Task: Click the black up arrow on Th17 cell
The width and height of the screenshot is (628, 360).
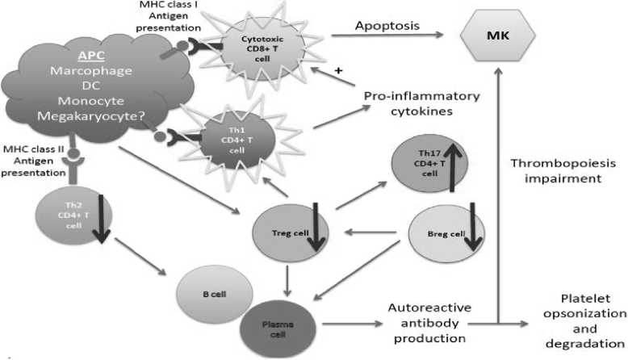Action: [453, 161]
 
